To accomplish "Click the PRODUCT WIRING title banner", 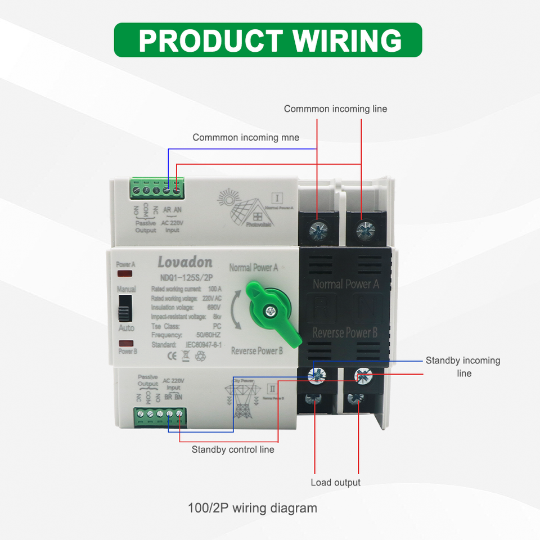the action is point(268,40).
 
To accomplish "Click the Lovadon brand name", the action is point(184,262).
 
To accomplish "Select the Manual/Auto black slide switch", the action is point(126,307).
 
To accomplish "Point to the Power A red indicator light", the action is point(125,274).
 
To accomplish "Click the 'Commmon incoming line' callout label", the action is point(335,109).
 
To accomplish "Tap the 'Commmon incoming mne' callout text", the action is point(246,137).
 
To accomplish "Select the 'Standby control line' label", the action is point(233,449).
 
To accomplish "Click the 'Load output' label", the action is point(335,482).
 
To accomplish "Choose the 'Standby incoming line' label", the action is point(462,367).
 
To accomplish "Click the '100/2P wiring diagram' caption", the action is point(253,508).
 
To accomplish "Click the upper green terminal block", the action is point(155,189).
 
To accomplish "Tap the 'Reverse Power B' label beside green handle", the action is point(256,351).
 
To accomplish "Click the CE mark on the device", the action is point(173,355).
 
